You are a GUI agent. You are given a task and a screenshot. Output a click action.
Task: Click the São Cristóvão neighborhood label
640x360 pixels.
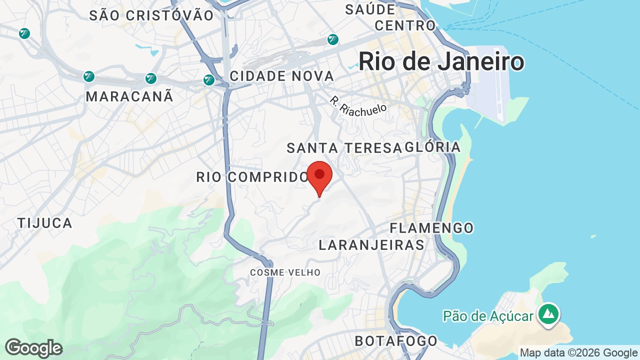[x=151, y=15]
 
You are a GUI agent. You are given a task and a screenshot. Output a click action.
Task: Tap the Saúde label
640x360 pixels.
[x=370, y=9]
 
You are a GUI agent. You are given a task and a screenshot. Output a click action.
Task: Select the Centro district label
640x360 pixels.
[x=405, y=25]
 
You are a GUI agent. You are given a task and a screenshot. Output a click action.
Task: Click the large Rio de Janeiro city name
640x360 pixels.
[x=441, y=62]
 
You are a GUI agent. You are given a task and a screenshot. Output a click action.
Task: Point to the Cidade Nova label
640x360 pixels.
[x=281, y=76]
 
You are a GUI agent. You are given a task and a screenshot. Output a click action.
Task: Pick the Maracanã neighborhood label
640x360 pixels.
[x=129, y=96]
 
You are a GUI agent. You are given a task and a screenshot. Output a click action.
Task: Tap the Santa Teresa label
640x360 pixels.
[x=344, y=147]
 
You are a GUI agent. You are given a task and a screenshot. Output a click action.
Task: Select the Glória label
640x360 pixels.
[x=433, y=147]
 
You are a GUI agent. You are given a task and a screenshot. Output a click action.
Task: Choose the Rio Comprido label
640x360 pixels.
[x=252, y=177]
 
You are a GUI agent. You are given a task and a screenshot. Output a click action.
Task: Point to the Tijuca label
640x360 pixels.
[x=45, y=223]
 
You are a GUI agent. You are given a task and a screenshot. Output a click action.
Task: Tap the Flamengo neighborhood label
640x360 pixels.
[x=431, y=228]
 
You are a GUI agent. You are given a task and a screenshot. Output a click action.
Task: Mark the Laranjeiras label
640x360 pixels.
[x=371, y=245]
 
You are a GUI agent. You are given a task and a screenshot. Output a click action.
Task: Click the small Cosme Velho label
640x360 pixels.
[x=285, y=272]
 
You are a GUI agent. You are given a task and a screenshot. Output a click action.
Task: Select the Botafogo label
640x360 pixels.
[x=396, y=341]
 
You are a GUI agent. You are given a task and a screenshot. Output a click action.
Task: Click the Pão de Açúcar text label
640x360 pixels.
[x=488, y=316]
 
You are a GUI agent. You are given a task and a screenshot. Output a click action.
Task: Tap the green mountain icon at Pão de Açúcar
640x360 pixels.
[x=548, y=314]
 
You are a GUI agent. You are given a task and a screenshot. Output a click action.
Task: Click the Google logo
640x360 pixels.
[x=33, y=348]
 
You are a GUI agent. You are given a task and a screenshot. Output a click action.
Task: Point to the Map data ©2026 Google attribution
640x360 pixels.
[x=578, y=353]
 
